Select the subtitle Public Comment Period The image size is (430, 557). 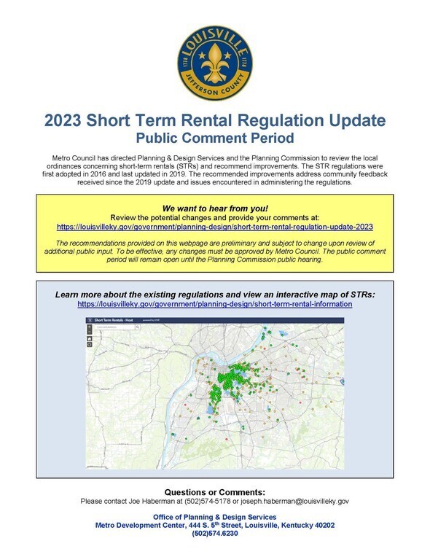[214, 138]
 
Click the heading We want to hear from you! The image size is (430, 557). [215, 208]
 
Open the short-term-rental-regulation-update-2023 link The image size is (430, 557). [214, 227]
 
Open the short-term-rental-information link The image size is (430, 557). [214, 303]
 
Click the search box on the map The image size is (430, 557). [113, 329]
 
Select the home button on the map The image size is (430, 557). [90, 338]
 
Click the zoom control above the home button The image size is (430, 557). [90, 329]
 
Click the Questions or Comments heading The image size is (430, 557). [214, 492]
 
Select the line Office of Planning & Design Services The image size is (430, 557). [214, 516]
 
